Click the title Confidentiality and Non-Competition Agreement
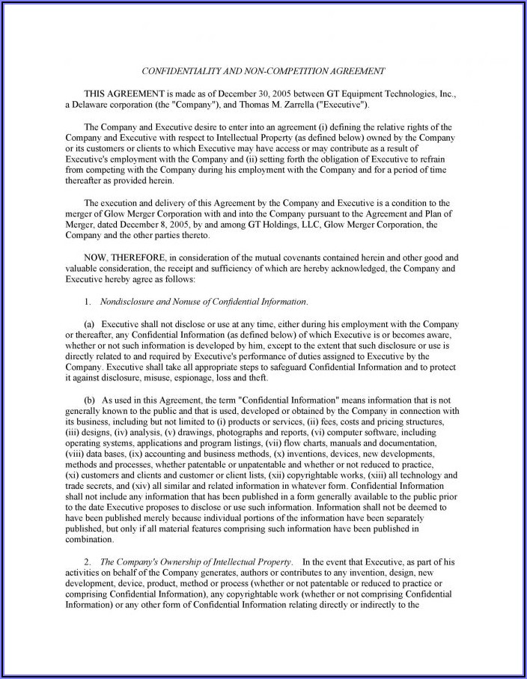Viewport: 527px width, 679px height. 263,71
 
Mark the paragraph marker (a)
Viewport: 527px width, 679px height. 89,324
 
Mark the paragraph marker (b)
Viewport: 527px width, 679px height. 90,401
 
